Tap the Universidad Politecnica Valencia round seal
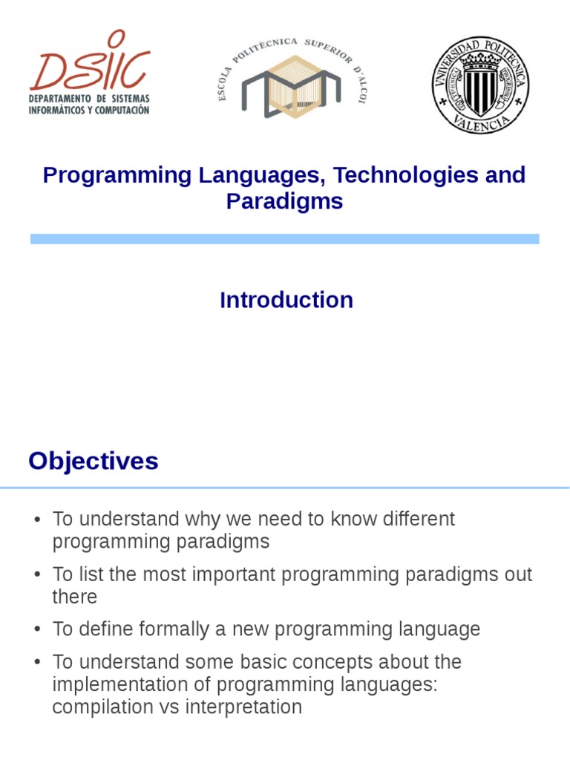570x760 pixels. [480, 84]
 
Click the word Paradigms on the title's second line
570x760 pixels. [284, 201]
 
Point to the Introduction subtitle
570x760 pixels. [286, 300]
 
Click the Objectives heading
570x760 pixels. [94, 461]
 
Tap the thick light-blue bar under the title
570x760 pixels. [284, 239]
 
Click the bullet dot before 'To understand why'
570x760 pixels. [36, 520]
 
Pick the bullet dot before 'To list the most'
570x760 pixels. [36, 575]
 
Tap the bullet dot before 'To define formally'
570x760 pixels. [36, 630]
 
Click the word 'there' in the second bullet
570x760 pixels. [74, 597]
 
